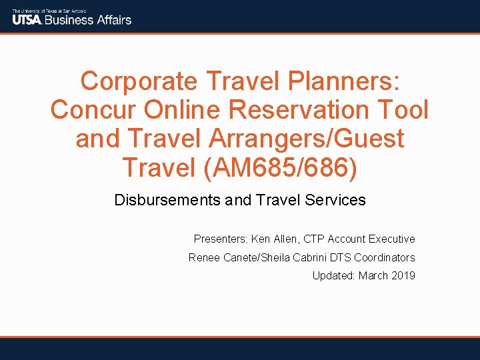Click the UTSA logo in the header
click(x=27, y=19)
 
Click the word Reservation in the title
click(x=304, y=110)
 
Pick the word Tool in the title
click(x=403, y=110)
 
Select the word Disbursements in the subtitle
click(x=166, y=200)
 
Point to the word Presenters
click(x=221, y=239)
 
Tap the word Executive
click(x=391, y=239)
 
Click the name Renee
click(x=204, y=257)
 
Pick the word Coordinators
click(x=385, y=257)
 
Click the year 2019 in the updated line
click(x=403, y=275)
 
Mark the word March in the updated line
click(x=373, y=275)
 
